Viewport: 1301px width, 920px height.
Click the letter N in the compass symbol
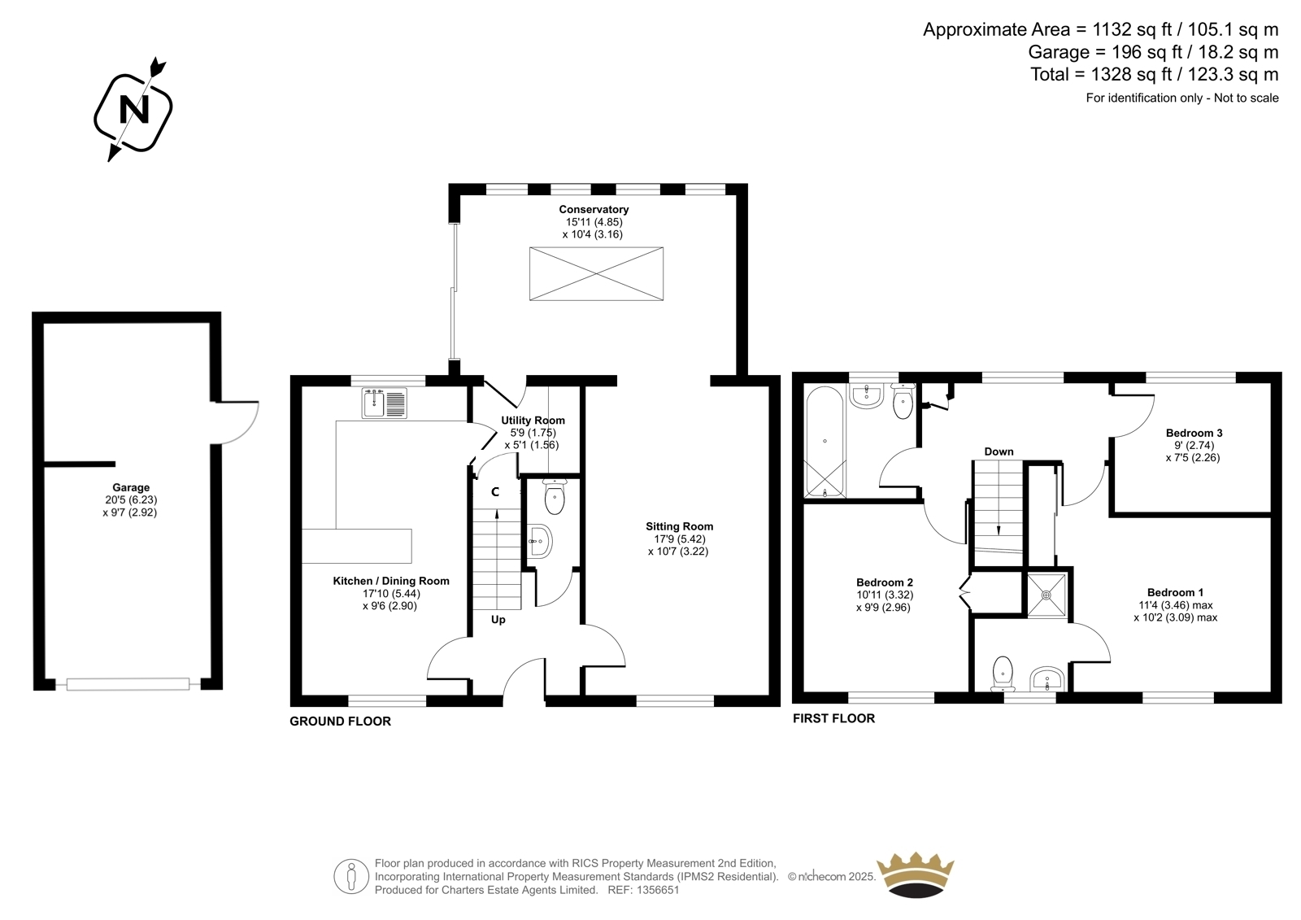(133, 109)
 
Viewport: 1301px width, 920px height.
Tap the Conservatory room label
(594, 209)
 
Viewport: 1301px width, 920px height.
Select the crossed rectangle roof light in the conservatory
(596, 274)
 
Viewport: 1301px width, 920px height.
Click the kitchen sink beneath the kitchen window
(385, 403)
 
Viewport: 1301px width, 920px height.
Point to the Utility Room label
(533, 421)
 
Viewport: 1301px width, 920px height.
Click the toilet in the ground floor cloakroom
(555, 498)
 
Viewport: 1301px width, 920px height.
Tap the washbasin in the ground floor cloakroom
(539, 542)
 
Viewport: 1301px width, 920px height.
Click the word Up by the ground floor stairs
(498, 620)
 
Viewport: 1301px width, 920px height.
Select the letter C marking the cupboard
(495, 492)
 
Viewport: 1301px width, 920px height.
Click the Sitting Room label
(679, 526)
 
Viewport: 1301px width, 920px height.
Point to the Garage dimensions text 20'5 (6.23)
(131, 499)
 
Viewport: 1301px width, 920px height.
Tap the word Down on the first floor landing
(999, 451)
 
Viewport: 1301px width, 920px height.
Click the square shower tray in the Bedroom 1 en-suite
(1046, 595)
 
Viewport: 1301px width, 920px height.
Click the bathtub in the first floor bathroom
(825, 443)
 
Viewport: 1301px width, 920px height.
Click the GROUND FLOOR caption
(341, 722)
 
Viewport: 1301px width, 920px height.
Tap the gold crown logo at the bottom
(916, 875)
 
